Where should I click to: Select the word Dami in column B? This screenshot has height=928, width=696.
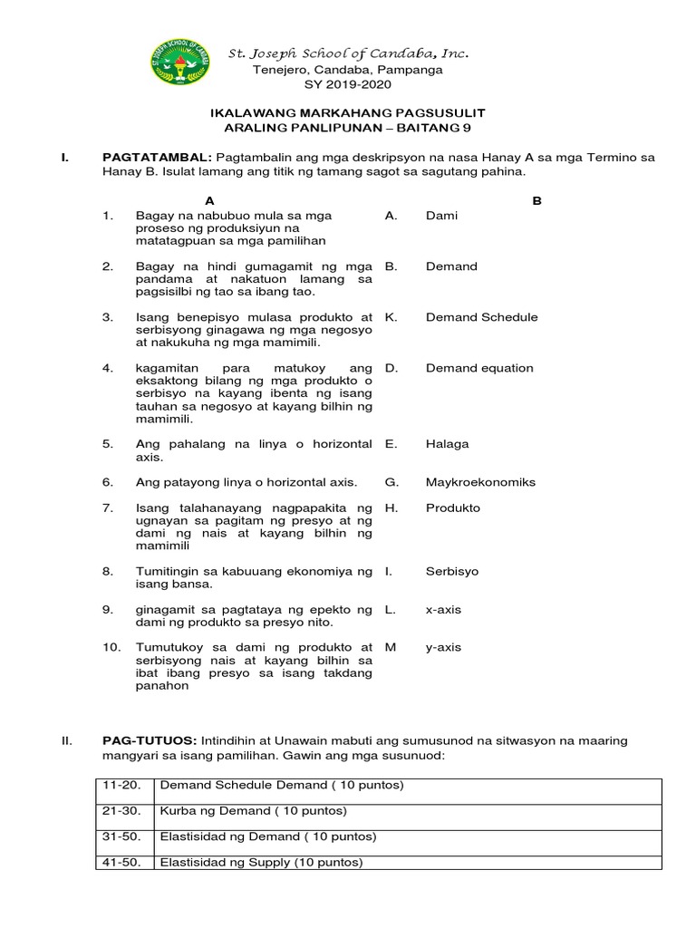(441, 216)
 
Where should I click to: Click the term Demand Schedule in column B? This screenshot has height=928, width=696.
(481, 317)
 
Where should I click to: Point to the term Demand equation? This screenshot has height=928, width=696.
(479, 368)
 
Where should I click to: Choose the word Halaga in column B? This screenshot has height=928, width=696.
(447, 444)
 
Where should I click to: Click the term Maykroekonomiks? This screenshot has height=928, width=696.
(480, 482)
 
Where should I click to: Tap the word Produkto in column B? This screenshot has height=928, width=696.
(453, 507)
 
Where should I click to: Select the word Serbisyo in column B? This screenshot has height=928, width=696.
(452, 572)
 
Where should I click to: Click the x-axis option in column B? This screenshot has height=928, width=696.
(443, 610)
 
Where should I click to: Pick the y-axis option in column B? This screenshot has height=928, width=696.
(443, 647)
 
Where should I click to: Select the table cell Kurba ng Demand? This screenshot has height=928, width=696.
(253, 810)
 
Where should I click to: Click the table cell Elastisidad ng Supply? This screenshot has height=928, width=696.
(260, 862)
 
